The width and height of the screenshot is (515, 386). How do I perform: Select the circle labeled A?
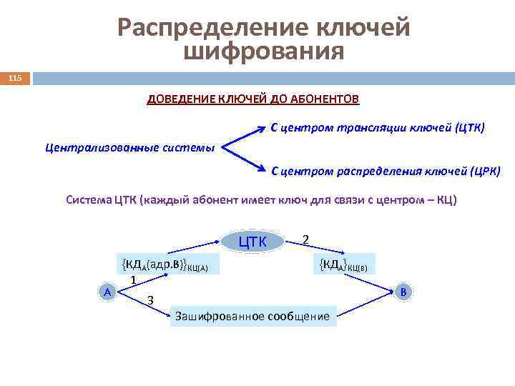click(x=107, y=292)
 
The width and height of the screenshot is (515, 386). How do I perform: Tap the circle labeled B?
click(x=403, y=292)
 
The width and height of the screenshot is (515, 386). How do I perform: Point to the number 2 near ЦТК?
click(x=305, y=239)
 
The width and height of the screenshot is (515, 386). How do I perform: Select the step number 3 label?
click(x=150, y=300)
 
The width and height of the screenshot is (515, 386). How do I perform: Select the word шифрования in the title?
click(x=264, y=51)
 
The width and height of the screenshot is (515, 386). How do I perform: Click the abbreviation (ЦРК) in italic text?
click(x=485, y=172)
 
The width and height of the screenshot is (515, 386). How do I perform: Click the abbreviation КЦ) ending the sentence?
click(x=446, y=200)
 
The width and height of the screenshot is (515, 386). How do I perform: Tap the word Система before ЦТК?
click(x=88, y=200)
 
